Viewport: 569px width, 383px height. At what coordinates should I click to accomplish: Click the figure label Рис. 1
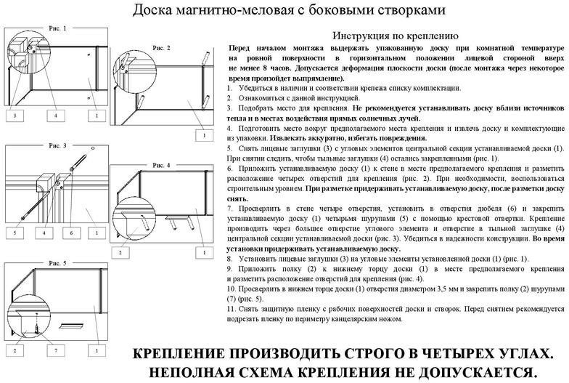click(58, 28)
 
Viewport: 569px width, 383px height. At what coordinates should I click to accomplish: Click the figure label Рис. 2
click(161, 48)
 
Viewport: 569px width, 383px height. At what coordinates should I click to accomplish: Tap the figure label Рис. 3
click(58, 145)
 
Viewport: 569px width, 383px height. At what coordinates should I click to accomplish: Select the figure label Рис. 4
click(161, 166)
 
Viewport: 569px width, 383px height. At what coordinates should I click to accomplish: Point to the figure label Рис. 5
click(58, 263)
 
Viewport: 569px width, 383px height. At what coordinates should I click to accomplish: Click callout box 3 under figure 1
click(15, 116)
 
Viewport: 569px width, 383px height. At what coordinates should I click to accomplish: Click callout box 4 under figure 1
click(56, 116)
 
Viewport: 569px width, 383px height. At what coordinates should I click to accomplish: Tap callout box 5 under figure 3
click(15, 233)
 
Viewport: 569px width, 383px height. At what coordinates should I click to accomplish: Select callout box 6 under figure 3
click(71, 233)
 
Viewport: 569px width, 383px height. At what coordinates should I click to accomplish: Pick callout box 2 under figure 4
click(120, 253)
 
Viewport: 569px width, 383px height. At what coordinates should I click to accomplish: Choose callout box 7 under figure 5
click(56, 350)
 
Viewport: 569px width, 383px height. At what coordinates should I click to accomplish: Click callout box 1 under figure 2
click(205, 135)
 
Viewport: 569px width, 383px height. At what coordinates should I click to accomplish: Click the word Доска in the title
click(152, 10)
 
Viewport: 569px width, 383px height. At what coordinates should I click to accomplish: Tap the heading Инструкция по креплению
click(396, 36)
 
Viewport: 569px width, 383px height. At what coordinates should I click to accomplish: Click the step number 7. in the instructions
click(229, 209)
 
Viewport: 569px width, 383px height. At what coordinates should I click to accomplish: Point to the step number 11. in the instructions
click(232, 309)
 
